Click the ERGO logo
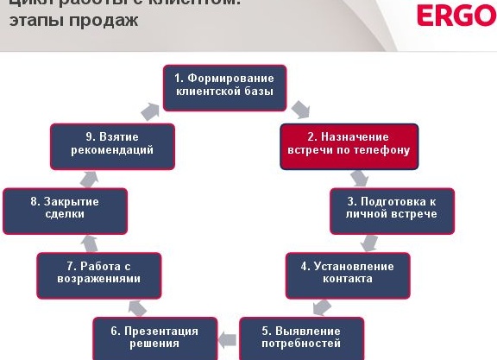pyautogui.click(x=455, y=16)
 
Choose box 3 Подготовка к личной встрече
pyautogui.click(x=391, y=208)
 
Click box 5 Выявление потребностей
pyautogui.click(x=301, y=337)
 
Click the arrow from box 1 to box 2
pyautogui.click(x=300, y=110)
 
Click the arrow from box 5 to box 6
pyautogui.click(x=227, y=337)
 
